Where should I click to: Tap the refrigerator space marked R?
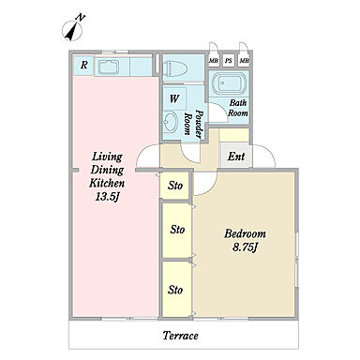coord(83,66)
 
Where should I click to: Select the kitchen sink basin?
coord(109,67)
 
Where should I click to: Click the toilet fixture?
coord(176,67)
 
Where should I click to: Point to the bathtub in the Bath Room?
coord(229,82)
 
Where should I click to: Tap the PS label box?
coord(229,60)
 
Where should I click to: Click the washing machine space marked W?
coord(174,98)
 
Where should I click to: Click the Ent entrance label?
coord(236,156)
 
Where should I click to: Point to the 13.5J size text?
coord(108,197)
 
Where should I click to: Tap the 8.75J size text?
coord(245,247)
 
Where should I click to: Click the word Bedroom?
coord(245,233)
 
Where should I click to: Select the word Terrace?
coord(181,336)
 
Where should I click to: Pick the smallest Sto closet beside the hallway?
coord(174,185)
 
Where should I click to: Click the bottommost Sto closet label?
coord(175,290)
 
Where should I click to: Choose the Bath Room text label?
coord(238,108)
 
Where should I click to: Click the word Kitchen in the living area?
coord(107,183)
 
